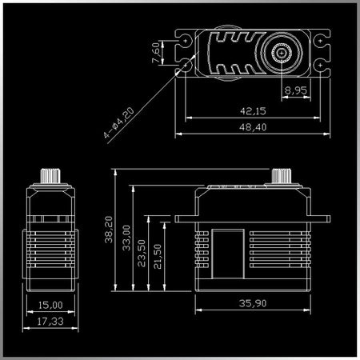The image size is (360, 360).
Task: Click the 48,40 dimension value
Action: tap(253, 127)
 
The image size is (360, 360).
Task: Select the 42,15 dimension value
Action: tap(253, 111)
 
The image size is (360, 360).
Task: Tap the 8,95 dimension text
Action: tap(296, 90)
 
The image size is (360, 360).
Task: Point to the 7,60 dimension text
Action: tap(156, 53)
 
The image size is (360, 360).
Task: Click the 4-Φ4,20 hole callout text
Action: tap(119, 122)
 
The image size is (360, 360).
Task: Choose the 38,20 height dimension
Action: tap(109, 230)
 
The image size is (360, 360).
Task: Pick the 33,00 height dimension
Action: tap(126, 238)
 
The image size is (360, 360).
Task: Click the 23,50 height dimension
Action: tap(142, 253)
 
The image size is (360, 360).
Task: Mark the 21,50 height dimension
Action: tap(158, 256)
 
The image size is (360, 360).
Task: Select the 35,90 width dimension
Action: tap(253, 303)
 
